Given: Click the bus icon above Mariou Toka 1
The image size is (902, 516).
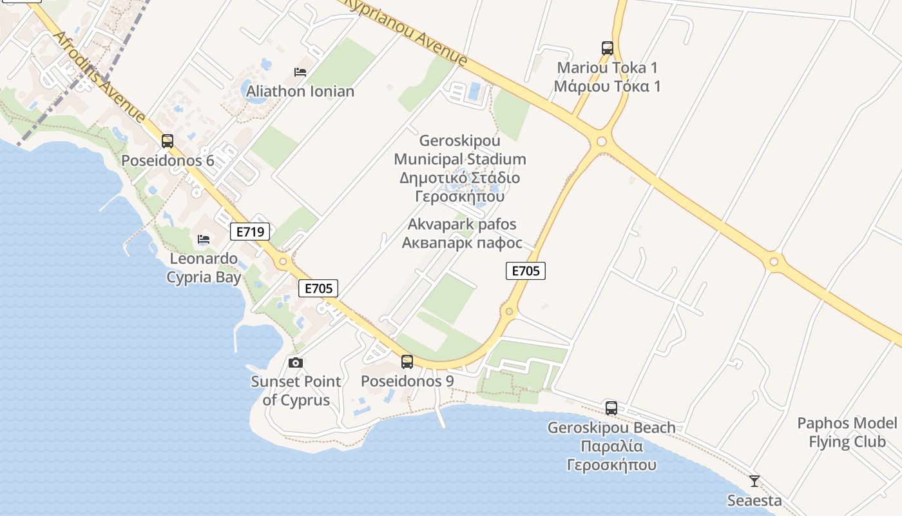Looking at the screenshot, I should pos(607,48).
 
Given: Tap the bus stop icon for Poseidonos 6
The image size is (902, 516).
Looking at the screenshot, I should pos(168,141).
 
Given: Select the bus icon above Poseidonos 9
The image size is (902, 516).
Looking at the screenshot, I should pos(407,361).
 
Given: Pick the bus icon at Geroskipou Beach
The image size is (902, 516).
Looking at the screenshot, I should pos(611,408).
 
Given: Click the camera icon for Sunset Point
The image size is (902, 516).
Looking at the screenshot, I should pos(296,362).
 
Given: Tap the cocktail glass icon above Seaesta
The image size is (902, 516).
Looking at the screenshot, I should pos(754,481).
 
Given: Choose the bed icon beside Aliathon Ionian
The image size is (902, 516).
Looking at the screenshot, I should pos(300,72).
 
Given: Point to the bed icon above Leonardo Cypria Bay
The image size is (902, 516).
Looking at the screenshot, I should pos(204,239).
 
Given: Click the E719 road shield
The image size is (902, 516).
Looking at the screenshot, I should pos(250,231).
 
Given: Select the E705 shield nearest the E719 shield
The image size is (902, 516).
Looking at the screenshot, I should pos(318,288).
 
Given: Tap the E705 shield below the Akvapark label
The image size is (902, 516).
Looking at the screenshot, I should pos(526,271).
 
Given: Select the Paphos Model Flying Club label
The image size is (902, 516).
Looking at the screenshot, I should pos(847,432).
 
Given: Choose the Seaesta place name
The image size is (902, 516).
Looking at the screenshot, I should pos(754,500).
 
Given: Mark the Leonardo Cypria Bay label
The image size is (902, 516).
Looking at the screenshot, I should pos(204,268).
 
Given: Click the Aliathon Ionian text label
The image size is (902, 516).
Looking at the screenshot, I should pos(300,91).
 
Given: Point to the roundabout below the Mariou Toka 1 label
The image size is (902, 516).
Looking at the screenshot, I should pos(601,141).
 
